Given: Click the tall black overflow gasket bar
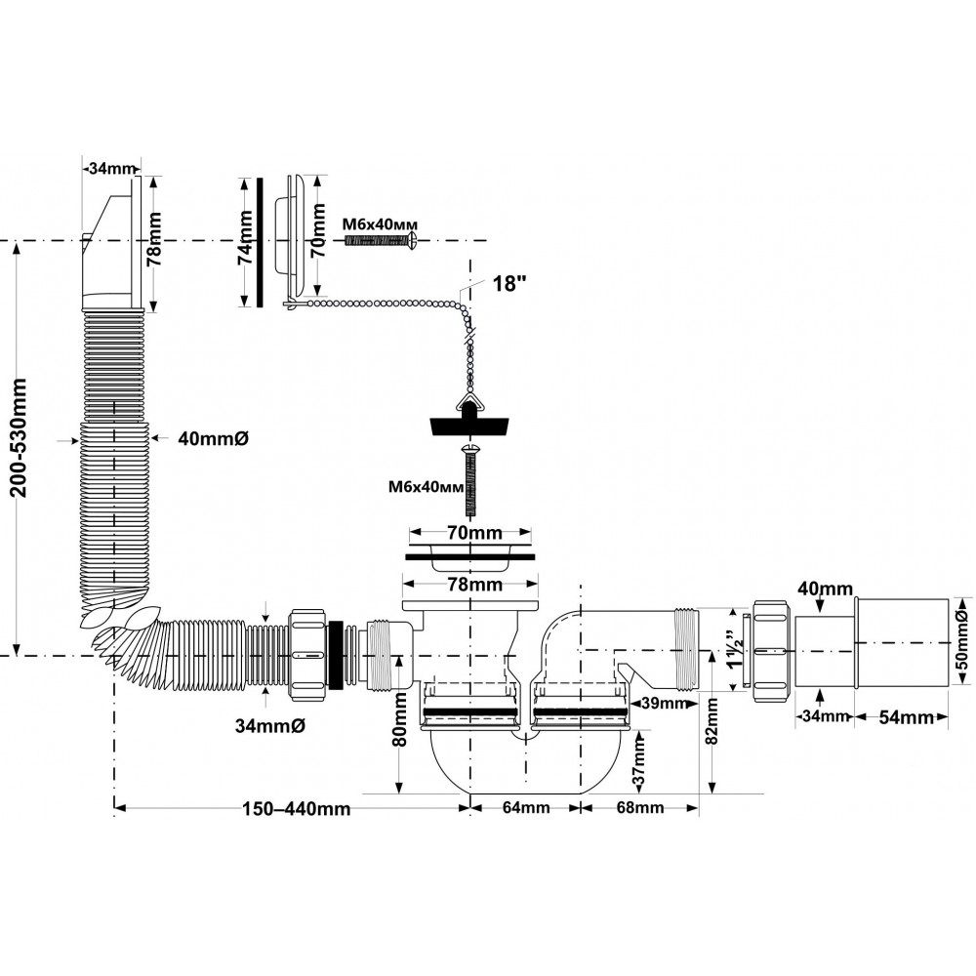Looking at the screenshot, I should click(260, 243).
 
